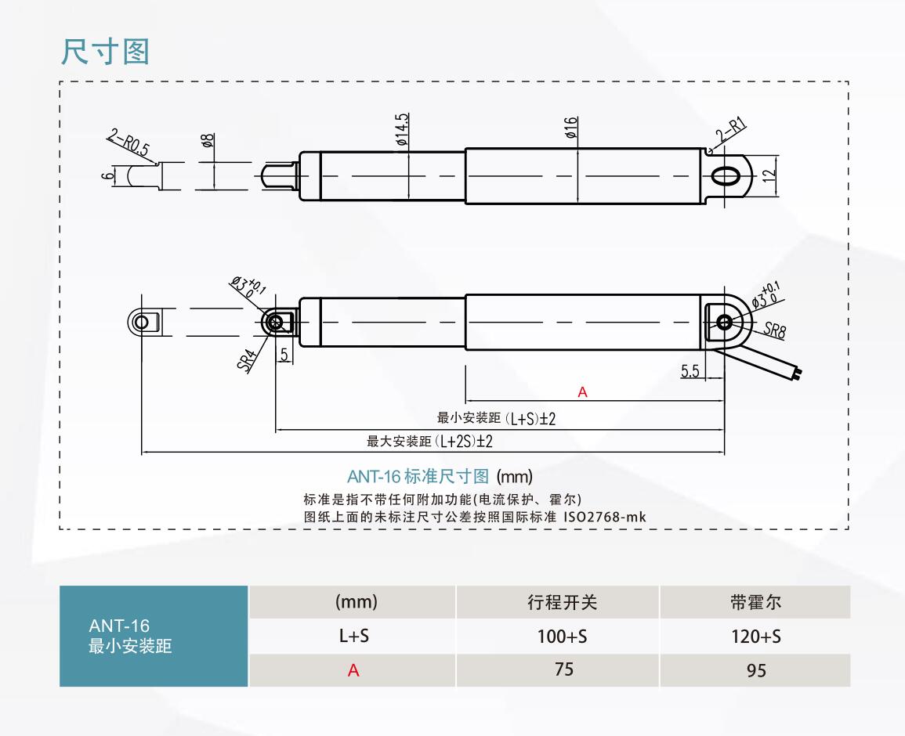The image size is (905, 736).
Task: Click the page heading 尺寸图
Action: tap(105, 52)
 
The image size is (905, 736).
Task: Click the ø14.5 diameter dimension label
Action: tap(403, 130)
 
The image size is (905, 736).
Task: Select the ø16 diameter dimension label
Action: tap(571, 128)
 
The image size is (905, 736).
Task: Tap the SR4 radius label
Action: tap(248, 358)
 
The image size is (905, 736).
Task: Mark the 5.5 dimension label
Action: tap(690, 372)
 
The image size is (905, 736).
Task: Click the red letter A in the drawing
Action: tap(582, 391)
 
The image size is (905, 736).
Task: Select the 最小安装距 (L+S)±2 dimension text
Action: tap(496, 419)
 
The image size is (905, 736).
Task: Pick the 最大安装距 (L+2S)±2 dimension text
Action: tap(429, 442)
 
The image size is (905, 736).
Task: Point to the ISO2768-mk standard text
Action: tap(604, 517)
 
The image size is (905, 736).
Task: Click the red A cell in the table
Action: tap(353, 671)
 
